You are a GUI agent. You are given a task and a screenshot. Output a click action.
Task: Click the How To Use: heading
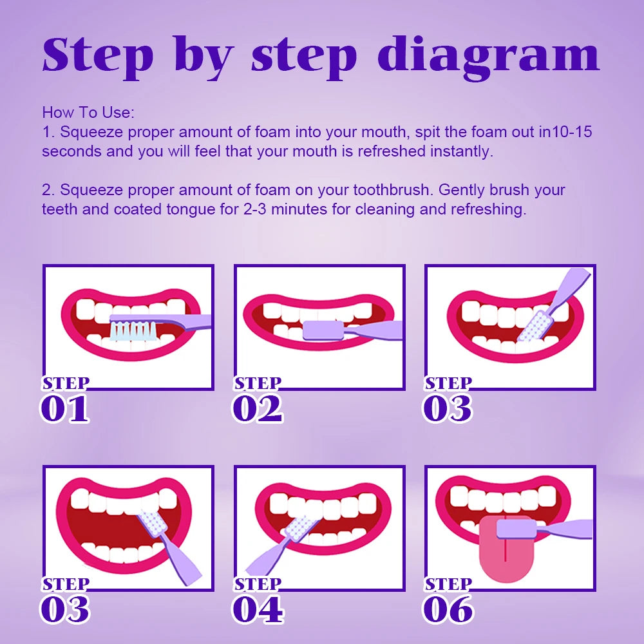coord(88,112)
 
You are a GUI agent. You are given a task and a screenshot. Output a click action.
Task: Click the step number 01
coord(64,410)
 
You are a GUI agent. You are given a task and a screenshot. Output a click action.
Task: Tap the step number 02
coord(257,410)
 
